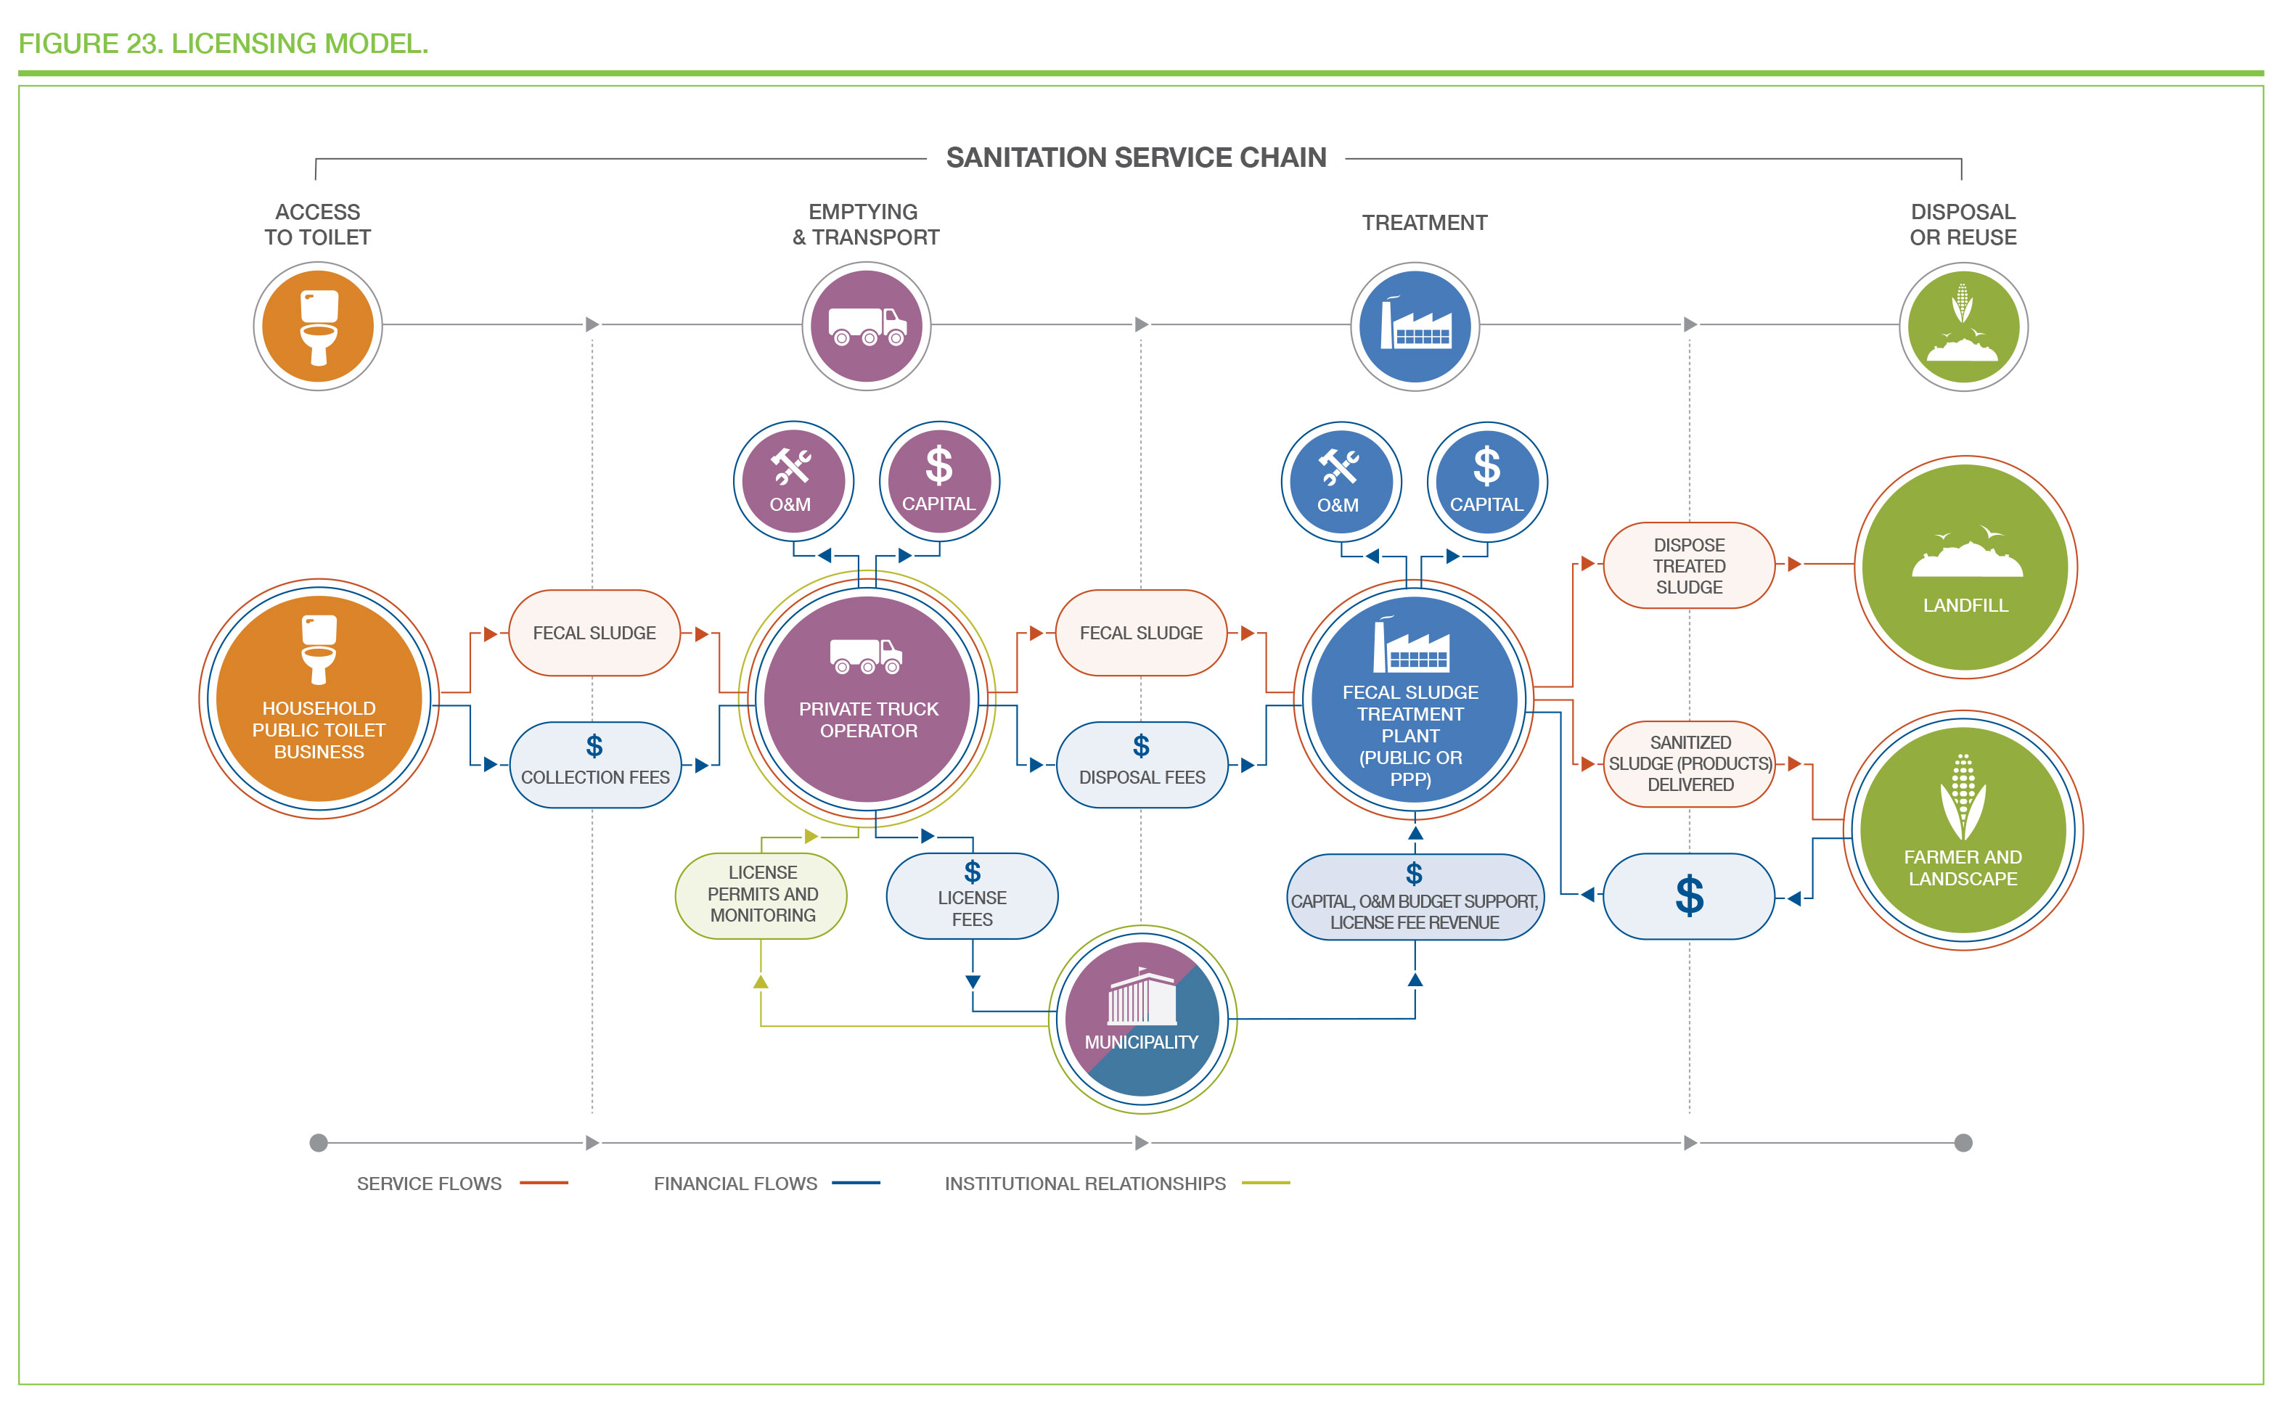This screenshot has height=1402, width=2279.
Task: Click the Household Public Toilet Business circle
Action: point(319,698)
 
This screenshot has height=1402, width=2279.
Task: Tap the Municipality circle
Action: point(1142,1019)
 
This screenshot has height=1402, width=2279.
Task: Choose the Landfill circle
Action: point(1965,567)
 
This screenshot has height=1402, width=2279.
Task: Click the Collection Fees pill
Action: point(595,765)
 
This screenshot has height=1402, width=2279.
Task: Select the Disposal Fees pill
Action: point(1142,765)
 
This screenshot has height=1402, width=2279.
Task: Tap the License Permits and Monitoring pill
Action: point(761,895)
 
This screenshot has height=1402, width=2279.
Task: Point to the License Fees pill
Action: point(972,895)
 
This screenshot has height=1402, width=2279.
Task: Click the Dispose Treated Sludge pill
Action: point(1690,565)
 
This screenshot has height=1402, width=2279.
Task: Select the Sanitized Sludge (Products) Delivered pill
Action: point(1690,764)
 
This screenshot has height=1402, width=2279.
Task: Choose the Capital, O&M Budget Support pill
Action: point(1415,897)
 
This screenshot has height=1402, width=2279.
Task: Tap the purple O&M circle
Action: point(794,481)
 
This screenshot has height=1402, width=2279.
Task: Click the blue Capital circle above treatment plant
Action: point(1487,481)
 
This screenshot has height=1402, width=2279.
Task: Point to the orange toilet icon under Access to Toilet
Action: point(318,327)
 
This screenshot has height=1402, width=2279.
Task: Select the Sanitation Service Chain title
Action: point(1136,157)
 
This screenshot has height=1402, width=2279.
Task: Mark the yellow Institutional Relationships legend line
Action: point(1266,1183)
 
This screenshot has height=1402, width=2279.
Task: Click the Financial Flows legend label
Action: point(735,1184)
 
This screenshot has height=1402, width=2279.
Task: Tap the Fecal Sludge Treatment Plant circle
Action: point(1414,699)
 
